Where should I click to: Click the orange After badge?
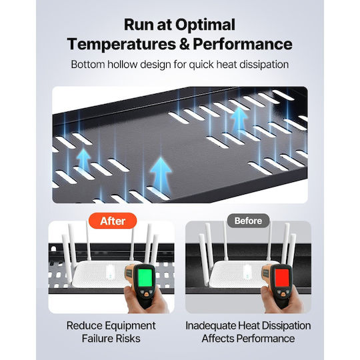[113, 221]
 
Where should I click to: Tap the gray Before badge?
[248, 221]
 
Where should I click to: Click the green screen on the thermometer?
[145, 277]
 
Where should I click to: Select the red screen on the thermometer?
[282, 277]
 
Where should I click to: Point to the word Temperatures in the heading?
[122, 44]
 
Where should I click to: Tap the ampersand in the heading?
[185, 44]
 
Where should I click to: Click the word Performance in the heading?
[243, 44]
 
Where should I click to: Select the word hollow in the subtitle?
[123, 64]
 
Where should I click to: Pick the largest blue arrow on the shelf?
[161, 174]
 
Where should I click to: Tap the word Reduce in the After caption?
[83, 325]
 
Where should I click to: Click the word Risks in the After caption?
[128, 339]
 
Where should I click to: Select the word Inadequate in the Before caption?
[210, 325]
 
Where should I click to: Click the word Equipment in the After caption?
[129, 326]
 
